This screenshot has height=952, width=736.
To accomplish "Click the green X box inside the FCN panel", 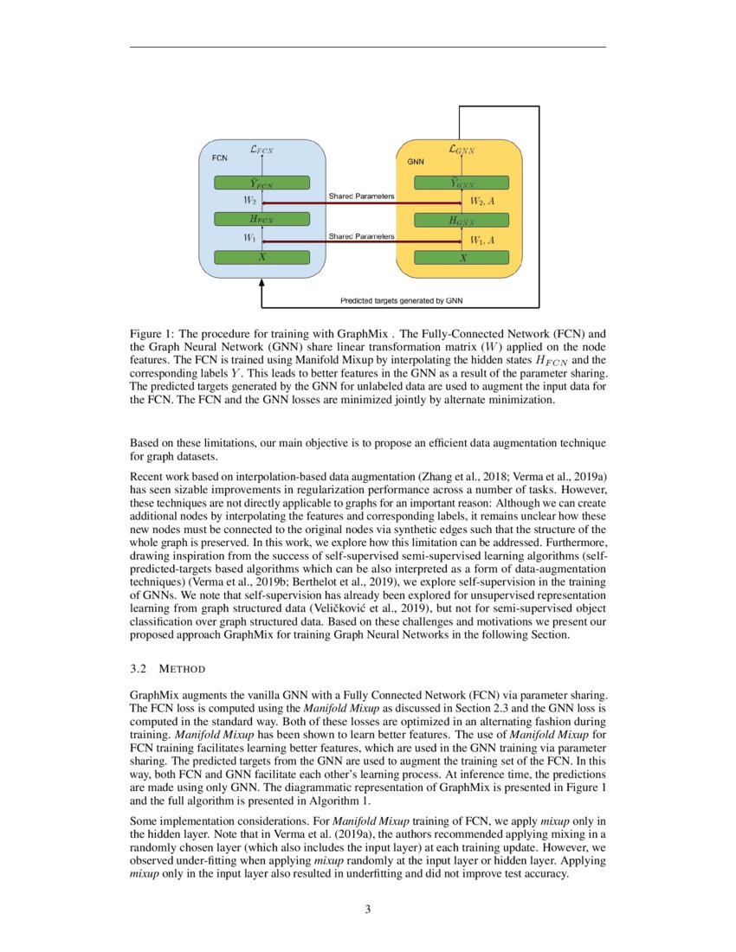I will (261, 257).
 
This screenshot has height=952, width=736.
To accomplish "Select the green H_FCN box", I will (261, 220).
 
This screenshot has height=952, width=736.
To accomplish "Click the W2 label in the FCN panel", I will (249, 201).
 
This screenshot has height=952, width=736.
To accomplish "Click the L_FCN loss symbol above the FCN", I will (261, 149).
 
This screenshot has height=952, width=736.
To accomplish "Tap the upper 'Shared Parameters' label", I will (361, 196).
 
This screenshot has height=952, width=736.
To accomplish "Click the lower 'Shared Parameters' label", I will (361, 235).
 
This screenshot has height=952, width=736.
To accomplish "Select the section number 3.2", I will (139, 669).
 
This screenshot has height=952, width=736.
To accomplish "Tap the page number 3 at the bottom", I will (368, 909).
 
